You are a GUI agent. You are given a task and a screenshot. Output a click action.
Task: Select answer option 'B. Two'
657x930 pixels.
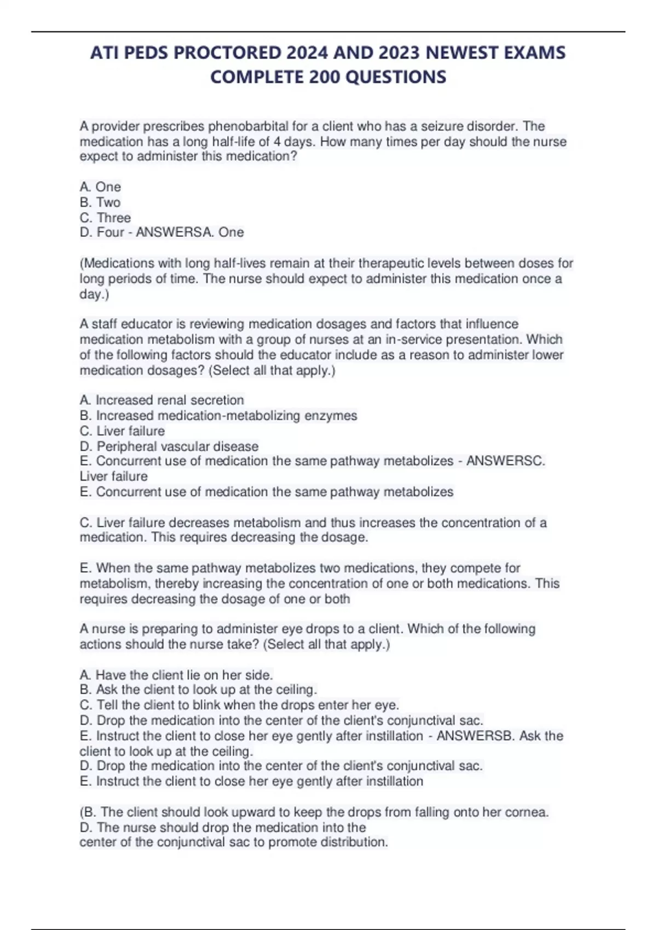click(x=100, y=202)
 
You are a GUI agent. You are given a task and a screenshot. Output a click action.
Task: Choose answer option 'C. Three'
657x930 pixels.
click(x=105, y=217)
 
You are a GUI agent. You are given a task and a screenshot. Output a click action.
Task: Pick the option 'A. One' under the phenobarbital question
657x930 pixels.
click(x=100, y=187)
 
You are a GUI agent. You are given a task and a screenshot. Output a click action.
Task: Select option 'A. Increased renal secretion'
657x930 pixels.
click(x=162, y=400)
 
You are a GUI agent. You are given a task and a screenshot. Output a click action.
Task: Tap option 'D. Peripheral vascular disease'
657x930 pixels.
click(x=169, y=446)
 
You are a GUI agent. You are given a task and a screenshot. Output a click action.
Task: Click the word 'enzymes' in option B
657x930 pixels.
click(x=331, y=416)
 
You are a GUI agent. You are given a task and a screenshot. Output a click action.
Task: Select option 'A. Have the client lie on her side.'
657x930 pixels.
click(x=176, y=675)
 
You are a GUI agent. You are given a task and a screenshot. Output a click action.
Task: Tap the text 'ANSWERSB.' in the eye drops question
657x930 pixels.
click(x=476, y=736)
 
